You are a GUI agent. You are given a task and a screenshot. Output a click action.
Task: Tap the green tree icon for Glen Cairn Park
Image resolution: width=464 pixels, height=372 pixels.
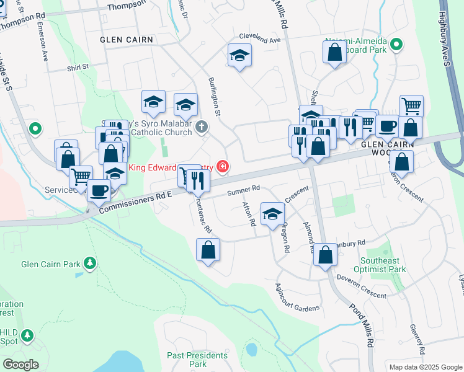[90, 263]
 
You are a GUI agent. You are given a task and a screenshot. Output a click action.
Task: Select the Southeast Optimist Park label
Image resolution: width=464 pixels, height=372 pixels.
[380, 265]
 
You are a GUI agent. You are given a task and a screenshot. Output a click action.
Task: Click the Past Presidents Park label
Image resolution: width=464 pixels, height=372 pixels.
[198, 360]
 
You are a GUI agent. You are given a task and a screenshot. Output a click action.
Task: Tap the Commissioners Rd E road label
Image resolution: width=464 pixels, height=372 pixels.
[130, 203]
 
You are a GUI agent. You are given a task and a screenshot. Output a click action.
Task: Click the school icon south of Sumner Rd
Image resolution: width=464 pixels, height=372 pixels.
[272, 214]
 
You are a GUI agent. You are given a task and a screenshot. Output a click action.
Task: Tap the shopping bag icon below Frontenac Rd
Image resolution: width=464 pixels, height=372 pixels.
[208, 250]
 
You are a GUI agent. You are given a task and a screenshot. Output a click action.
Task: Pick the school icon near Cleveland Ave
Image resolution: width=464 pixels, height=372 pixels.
[239, 56]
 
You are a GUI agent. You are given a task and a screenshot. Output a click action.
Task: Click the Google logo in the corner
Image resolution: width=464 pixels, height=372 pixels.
[20, 365]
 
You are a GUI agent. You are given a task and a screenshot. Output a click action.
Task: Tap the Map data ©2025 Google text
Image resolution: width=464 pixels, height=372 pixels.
[426, 367]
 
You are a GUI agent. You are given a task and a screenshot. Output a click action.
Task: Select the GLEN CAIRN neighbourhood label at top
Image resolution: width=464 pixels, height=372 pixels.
[126, 38]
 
